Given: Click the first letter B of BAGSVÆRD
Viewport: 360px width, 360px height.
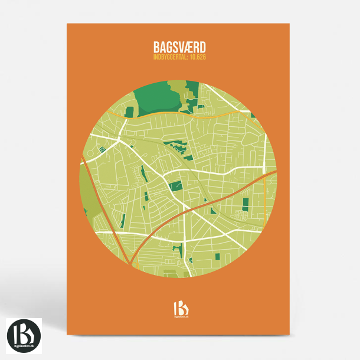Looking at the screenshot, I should (x=156, y=47).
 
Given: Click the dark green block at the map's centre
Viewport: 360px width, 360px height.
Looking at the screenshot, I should (x=175, y=186).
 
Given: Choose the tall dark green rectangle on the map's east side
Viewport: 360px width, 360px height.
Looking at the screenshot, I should (x=246, y=205).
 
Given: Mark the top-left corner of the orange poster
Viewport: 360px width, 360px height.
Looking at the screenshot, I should (x=67, y=24).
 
